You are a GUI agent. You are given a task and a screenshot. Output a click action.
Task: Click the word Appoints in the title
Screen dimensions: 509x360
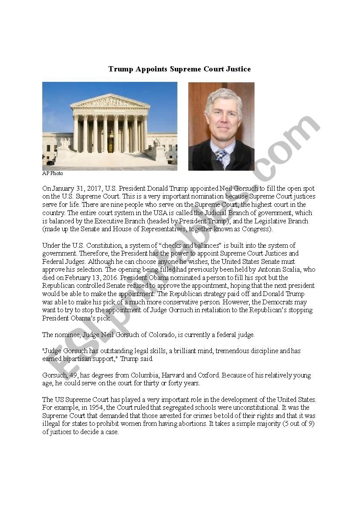(x=151, y=69)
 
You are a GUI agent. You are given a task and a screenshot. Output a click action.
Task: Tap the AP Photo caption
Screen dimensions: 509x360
(x=53, y=173)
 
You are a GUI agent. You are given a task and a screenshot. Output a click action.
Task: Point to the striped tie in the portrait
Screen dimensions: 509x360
(x=221, y=155)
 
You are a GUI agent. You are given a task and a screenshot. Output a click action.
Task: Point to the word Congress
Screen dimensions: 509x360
(x=257, y=229)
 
